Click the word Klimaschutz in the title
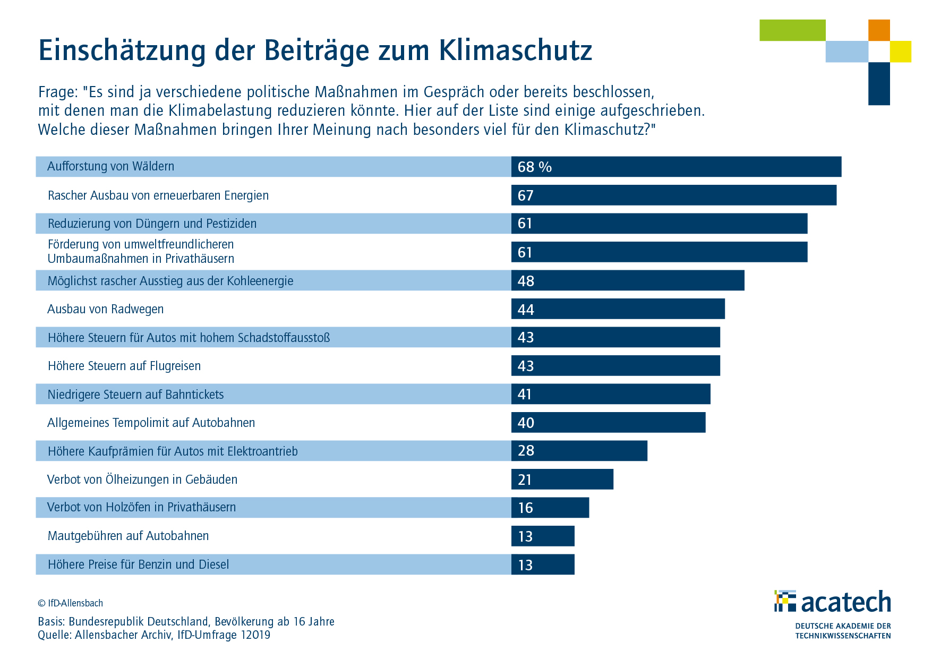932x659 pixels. point(515,51)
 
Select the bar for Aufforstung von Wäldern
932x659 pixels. point(676,167)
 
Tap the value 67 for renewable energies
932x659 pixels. point(525,195)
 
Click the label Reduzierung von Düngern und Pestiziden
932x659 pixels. point(152,224)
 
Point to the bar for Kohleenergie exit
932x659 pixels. point(627,280)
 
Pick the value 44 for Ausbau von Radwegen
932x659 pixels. point(526,310)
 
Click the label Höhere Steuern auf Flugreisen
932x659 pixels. point(124,366)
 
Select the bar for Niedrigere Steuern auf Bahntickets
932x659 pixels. point(610,394)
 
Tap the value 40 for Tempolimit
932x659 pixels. point(526,423)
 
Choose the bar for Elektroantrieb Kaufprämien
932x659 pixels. point(579,451)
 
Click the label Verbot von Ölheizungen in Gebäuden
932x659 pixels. point(142,480)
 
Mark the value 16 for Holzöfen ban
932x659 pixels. point(525,508)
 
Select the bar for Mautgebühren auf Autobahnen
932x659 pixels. point(543,536)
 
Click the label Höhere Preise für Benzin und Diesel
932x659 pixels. point(138,564)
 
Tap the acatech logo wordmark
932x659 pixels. point(845,602)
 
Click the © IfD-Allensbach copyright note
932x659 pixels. point(70,603)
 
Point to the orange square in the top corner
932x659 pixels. point(879,30)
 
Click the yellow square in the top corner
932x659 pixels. point(900,52)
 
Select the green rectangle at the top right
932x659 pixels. point(792,30)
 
